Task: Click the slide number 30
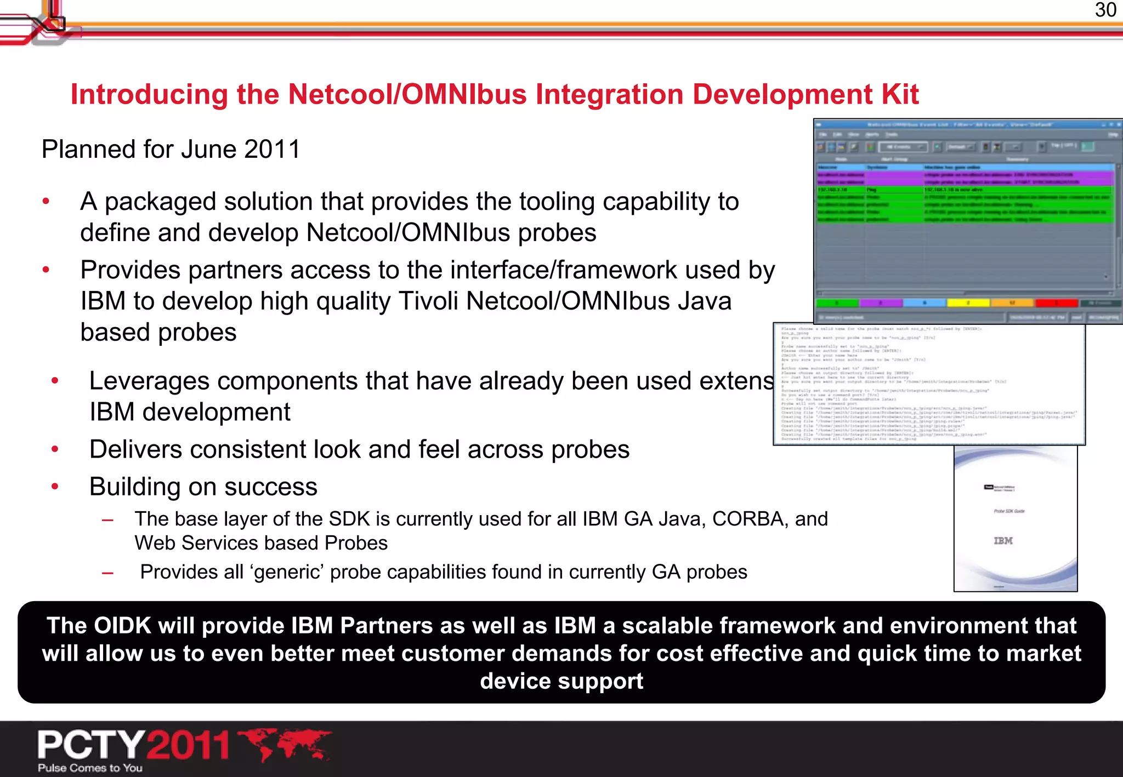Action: pyautogui.click(x=1105, y=10)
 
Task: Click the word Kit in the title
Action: pyautogui.click(x=900, y=94)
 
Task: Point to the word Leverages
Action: pyautogui.click(x=149, y=381)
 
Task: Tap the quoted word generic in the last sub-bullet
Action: pyautogui.click(x=287, y=572)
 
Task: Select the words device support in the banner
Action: pyautogui.click(x=561, y=681)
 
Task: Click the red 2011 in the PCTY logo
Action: pyautogui.click(x=188, y=745)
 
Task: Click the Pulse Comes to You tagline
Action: pyautogui.click(x=90, y=768)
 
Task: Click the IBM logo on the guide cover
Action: pyautogui.click(x=1003, y=541)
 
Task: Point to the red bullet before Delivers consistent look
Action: pyautogui.click(x=55, y=449)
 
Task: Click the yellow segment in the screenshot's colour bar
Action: pyautogui.click(x=968, y=302)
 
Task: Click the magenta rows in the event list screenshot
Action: pyautogui.click(x=965, y=178)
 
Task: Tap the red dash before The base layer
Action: pyautogui.click(x=108, y=519)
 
